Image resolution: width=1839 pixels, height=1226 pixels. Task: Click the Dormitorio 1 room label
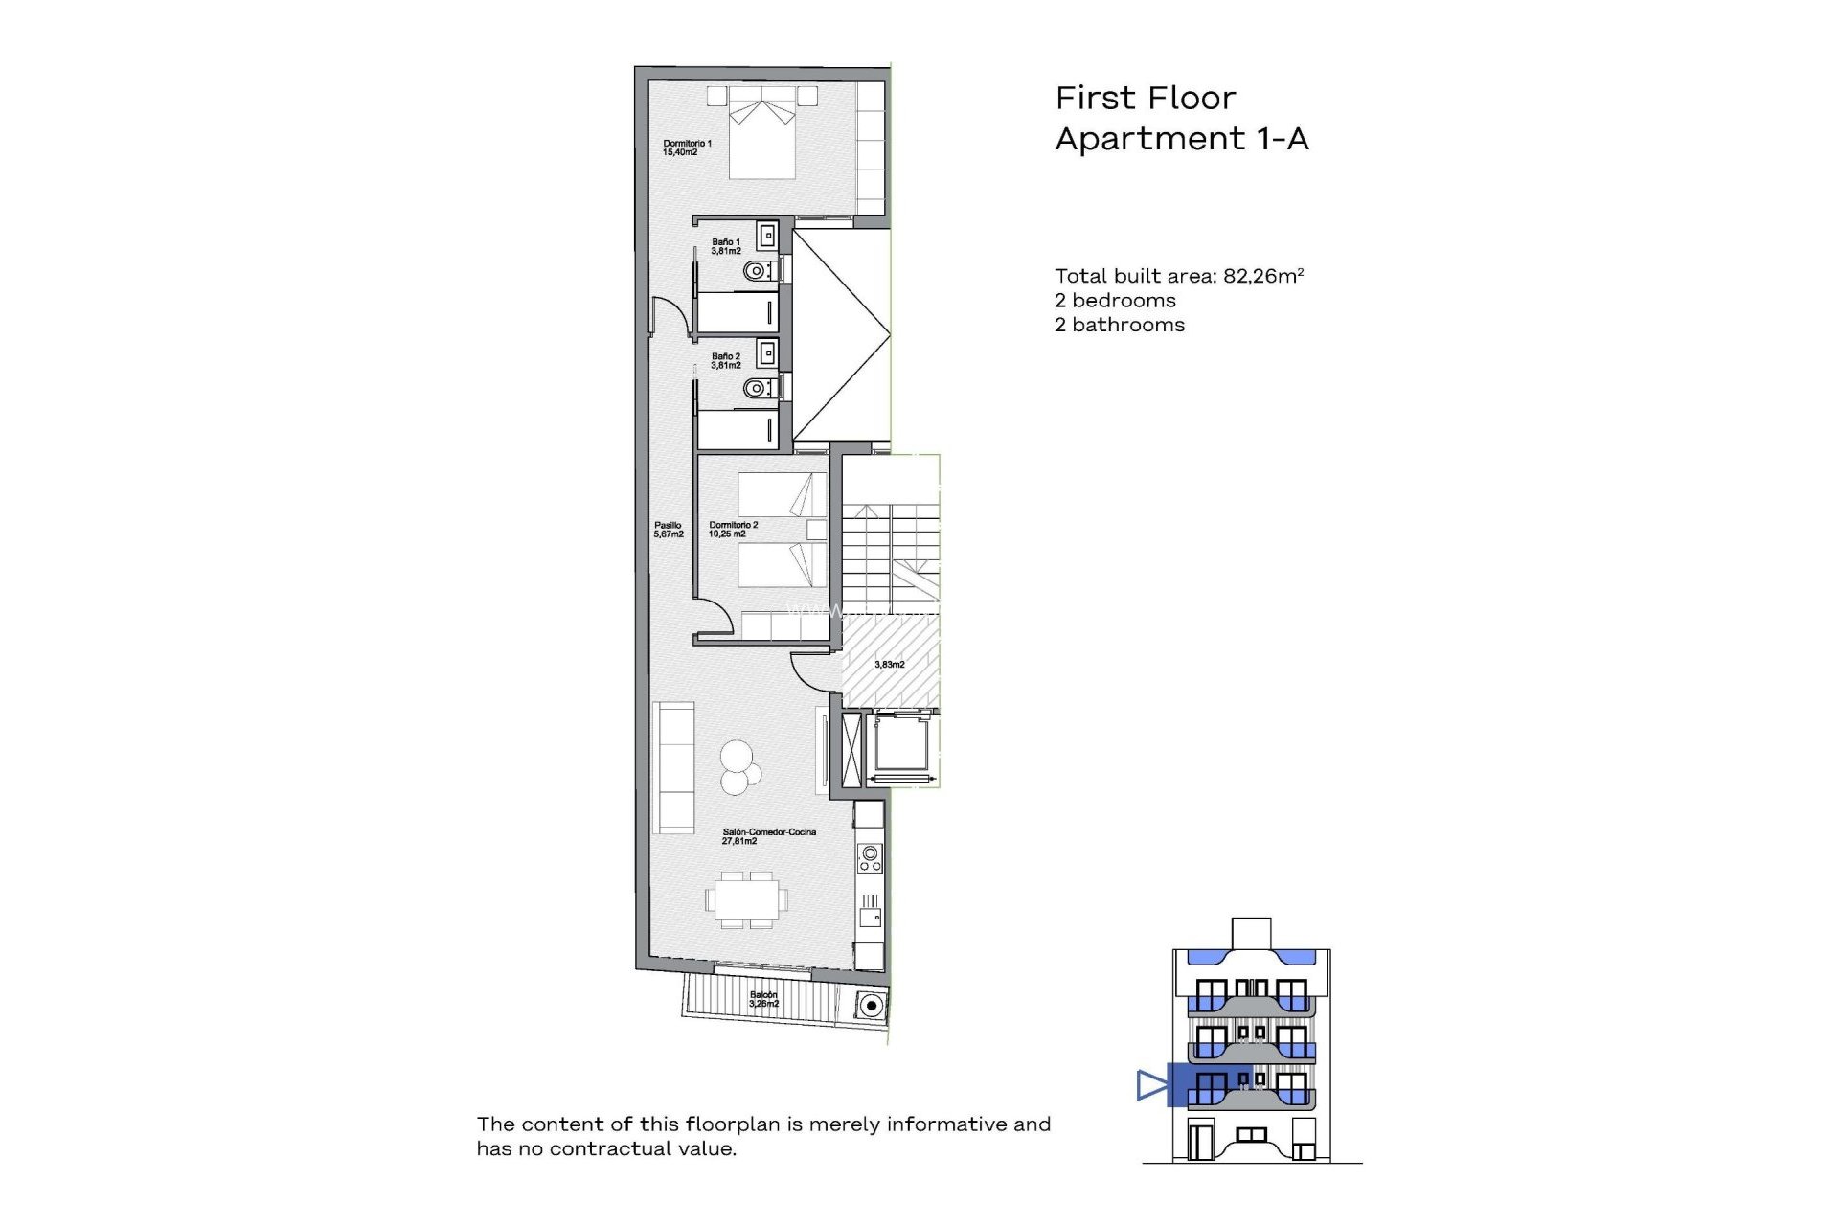(x=687, y=148)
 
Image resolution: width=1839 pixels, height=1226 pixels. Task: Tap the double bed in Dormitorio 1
(x=762, y=139)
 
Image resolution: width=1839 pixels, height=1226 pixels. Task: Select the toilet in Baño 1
(x=758, y=271)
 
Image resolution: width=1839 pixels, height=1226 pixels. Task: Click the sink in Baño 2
(x=766, y=354)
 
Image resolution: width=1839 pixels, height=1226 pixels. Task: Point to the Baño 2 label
(x=726, y=360)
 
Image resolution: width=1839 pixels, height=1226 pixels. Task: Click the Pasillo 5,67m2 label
(x=669, y=530)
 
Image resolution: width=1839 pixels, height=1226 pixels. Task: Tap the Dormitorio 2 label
(x=733, y=530)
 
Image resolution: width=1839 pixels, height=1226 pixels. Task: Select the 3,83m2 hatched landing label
(x=889, y=664)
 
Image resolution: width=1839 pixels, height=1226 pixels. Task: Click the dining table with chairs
(x=747, y=899)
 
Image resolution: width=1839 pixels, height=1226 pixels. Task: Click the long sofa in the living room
(x=673, y=767)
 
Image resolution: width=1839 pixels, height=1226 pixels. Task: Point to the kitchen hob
(x=870, y=857)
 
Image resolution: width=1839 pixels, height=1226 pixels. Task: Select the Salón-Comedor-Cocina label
(x=768, y=836)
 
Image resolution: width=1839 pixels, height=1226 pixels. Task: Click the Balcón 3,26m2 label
(x=763, y=999)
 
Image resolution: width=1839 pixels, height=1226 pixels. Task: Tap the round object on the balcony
(x=870, y=1006)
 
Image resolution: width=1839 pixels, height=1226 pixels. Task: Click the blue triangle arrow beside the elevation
(x=1151, y=1085)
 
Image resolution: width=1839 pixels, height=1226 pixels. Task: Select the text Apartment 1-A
(x=1181, y=139)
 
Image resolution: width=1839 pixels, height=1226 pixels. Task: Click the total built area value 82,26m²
(x=1263, y=276)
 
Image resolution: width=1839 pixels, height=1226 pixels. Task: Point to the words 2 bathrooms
(x=1119, y=325)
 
